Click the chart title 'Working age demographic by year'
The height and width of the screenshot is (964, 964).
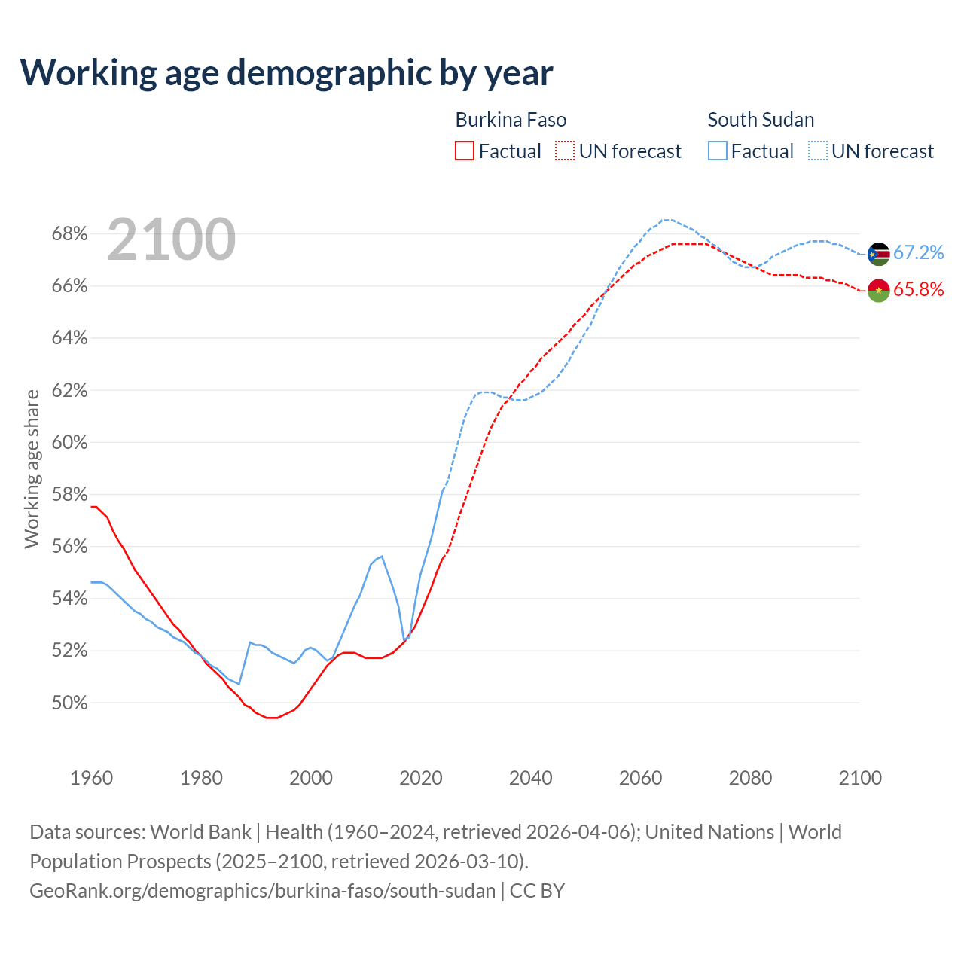pyautogui.click(x=286, y=73)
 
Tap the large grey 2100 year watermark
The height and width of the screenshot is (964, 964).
pyautogui.click(x=172, y=239)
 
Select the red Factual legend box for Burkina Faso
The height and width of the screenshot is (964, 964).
pyautogui.click(x=465, y=151)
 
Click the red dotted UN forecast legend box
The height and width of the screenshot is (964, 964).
pyautogui.click(x=565, y=151)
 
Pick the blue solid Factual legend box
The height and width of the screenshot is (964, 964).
pyautogui.click(x=718, y=151)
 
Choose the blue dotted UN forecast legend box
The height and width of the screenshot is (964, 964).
pyautogui.click(x=818, y=151)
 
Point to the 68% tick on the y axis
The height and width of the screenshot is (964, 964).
pyautogui.click(x=69, y=234)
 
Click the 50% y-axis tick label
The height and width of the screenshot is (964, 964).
pyautogui.click(x=69, y=703)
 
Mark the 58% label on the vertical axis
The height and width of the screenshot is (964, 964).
pyautogui.click(x=69, y=495)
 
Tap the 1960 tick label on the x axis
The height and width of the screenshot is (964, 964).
pyautogui.click(x=91, y=778)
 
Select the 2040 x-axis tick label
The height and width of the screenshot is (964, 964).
pyautogui.click(x=530, y=778)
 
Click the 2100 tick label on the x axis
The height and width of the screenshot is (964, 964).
pyautogui.click(x=860, y=778)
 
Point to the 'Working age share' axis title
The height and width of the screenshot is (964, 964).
pyautogui.click(x=32, y=468)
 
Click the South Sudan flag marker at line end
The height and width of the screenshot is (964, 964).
pyautogui.click(x=879, y=254)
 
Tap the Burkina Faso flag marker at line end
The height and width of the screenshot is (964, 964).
pyautogui.click(x=879, y=290)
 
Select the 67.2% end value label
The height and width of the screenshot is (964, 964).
pyautogui.click(x=918, y=253)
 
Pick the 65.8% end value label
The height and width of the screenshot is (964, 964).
pyautogui.click(x=918, y=290)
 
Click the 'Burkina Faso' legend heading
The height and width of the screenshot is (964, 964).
pyautogui.click(x=511, y=120)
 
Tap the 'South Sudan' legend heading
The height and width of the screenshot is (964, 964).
pyautogui.click(x=761, y=120)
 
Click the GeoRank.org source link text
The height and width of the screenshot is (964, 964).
pyautogui.click(x=262, y=891)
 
